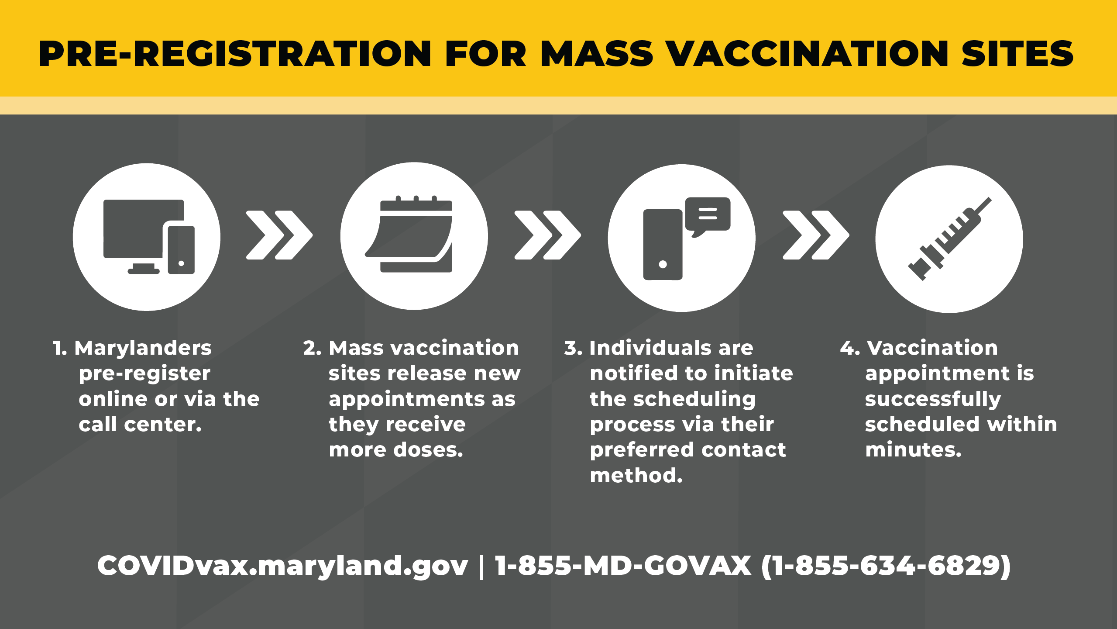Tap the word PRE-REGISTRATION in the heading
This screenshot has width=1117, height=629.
235,54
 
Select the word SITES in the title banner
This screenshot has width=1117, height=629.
1017,54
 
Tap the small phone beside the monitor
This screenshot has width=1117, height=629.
181,250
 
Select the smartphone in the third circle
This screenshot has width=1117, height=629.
663,245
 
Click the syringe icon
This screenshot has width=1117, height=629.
949,239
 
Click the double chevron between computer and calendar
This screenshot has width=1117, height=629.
279,235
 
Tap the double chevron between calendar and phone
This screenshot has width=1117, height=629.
548,235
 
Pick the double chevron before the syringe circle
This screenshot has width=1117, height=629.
816,235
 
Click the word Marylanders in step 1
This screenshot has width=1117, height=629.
143,349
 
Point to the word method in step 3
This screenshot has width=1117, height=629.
636,475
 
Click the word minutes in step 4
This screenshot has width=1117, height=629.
913,450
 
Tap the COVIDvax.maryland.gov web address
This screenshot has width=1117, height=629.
282,566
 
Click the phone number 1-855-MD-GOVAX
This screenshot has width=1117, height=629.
623,566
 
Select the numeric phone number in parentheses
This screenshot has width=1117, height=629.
886,567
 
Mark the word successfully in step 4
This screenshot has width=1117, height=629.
933,400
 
